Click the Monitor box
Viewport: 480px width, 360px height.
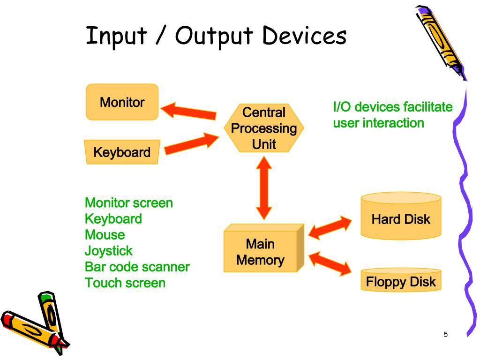tap(122, 102)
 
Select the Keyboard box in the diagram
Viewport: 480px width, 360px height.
tap(122, 152)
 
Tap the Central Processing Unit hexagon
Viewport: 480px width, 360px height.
tap(264, 128)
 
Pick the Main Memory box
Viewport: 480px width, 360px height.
tap(261, 252)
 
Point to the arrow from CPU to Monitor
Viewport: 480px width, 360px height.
tap(188, 111)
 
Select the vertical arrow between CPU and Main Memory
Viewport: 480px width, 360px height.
tap(264, 187)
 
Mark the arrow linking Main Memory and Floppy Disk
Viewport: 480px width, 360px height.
tap(330, 262)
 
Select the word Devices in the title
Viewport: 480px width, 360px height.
tap(304, 36)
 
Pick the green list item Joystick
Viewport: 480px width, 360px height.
tap(109, 251)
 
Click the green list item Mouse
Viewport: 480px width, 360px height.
tap(105, 234)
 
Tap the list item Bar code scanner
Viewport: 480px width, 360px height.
tap(137, 267)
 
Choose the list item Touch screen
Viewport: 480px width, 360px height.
tap(125, 283)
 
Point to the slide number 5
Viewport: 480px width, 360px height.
tap(445, 334)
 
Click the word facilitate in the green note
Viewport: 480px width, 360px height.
tap(427, 107)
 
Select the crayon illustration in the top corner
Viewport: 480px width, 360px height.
tap(441, 42)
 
